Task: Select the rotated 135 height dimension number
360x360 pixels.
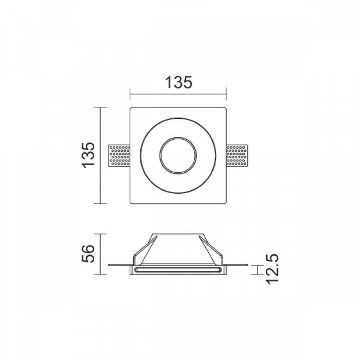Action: (x=88, y=155)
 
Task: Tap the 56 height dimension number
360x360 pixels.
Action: (x=88, y=254)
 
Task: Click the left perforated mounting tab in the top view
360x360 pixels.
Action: (x=119, y=155)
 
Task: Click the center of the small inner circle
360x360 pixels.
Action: (x=178, y=155)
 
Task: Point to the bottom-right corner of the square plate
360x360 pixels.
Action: (x=225, y=203)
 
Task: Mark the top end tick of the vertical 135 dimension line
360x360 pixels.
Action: (x=100, y=107)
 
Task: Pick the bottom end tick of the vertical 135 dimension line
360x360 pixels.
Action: (x=100, y=203)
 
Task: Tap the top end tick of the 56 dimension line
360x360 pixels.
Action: (x=100, y=234)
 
